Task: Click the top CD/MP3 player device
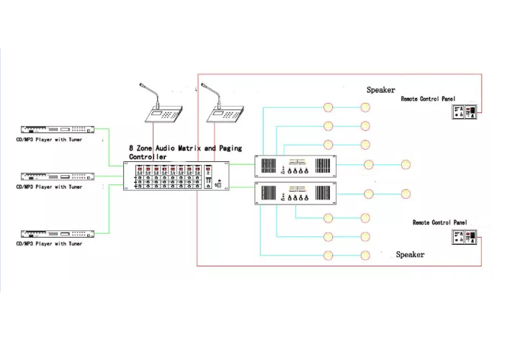58,130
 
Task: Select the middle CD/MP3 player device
58,176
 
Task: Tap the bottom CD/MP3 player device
58,234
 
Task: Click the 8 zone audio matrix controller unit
176,176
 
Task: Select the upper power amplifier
295,166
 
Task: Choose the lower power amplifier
295,193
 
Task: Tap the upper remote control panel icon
465,112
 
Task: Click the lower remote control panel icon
465,238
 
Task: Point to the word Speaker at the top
380,90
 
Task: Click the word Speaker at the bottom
410,255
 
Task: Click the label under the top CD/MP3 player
49,140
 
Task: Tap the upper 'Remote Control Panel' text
428,99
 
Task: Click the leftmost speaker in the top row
328,107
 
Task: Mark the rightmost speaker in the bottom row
365,256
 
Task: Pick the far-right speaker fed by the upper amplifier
406,165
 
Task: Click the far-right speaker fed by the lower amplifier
406,194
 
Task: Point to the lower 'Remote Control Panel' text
440,222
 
